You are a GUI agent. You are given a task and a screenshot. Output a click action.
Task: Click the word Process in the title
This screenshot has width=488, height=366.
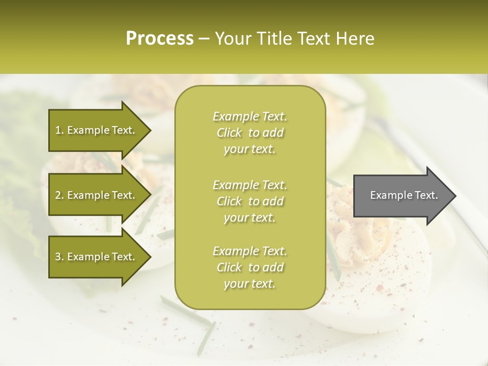click(x=160, y=39)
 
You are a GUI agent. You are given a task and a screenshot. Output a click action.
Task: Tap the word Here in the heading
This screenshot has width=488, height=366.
click(x=355, y=39)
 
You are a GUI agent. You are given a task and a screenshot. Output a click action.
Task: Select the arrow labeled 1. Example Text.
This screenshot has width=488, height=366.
click(x=97, y=130)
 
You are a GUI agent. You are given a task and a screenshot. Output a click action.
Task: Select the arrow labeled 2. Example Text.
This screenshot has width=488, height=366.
click(x=97, y=195)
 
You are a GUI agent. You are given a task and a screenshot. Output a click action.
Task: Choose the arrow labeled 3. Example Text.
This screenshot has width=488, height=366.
click(x=97, y=257)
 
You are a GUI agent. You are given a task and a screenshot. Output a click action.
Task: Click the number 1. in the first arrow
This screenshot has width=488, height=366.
click(x=59, y=130)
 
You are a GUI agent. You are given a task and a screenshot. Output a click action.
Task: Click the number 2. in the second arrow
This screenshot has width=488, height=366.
click(x=59, y=195)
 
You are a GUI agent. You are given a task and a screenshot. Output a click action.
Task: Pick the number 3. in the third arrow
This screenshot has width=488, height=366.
click(x=59, y=257)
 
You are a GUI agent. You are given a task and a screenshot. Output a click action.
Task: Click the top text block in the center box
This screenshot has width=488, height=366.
click(x=250, y=133)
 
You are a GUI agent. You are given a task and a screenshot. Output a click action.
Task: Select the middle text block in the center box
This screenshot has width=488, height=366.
click(x=250, y=201)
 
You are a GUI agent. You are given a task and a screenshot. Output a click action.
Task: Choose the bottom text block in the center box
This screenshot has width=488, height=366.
click(x=250, y=267)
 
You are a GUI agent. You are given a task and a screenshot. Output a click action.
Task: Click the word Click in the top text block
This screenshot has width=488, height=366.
click(x=229, y=133)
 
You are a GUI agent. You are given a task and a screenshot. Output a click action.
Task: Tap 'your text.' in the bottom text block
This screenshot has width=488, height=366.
click(x=250, y=284)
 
